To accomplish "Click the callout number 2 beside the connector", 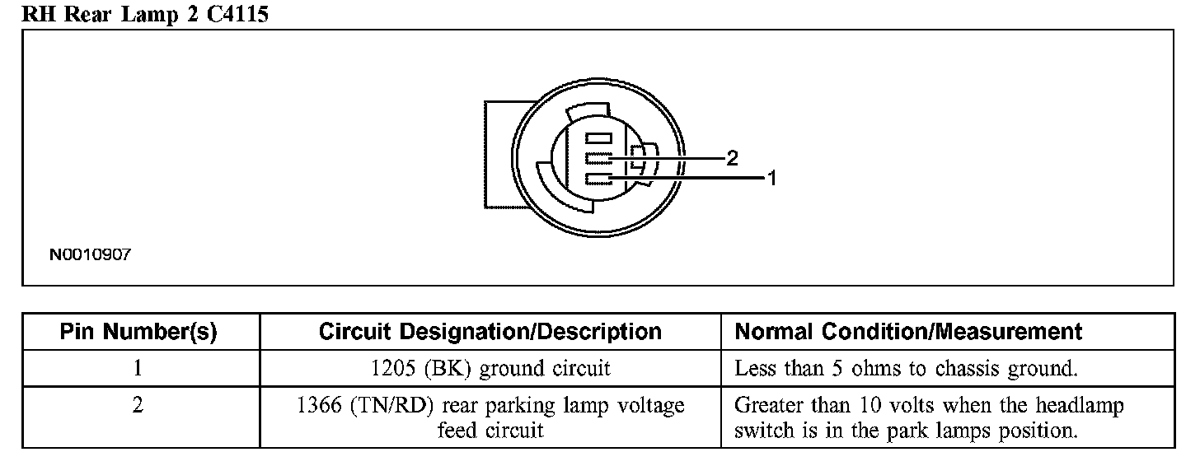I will pos(732,159).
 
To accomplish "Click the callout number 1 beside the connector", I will pos(772,177).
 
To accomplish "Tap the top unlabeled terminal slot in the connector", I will pos(598,138).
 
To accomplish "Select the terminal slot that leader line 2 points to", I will pos(598,158).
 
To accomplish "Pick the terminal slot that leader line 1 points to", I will pos(598,178).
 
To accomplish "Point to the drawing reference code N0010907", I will pos(90,255).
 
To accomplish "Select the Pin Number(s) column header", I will pos(138,332).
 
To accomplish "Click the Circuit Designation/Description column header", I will pos(490,332).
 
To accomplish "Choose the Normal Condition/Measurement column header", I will pos(908,332).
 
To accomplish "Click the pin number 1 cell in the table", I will pos(138,368).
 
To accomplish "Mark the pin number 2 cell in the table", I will pos(138,406).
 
